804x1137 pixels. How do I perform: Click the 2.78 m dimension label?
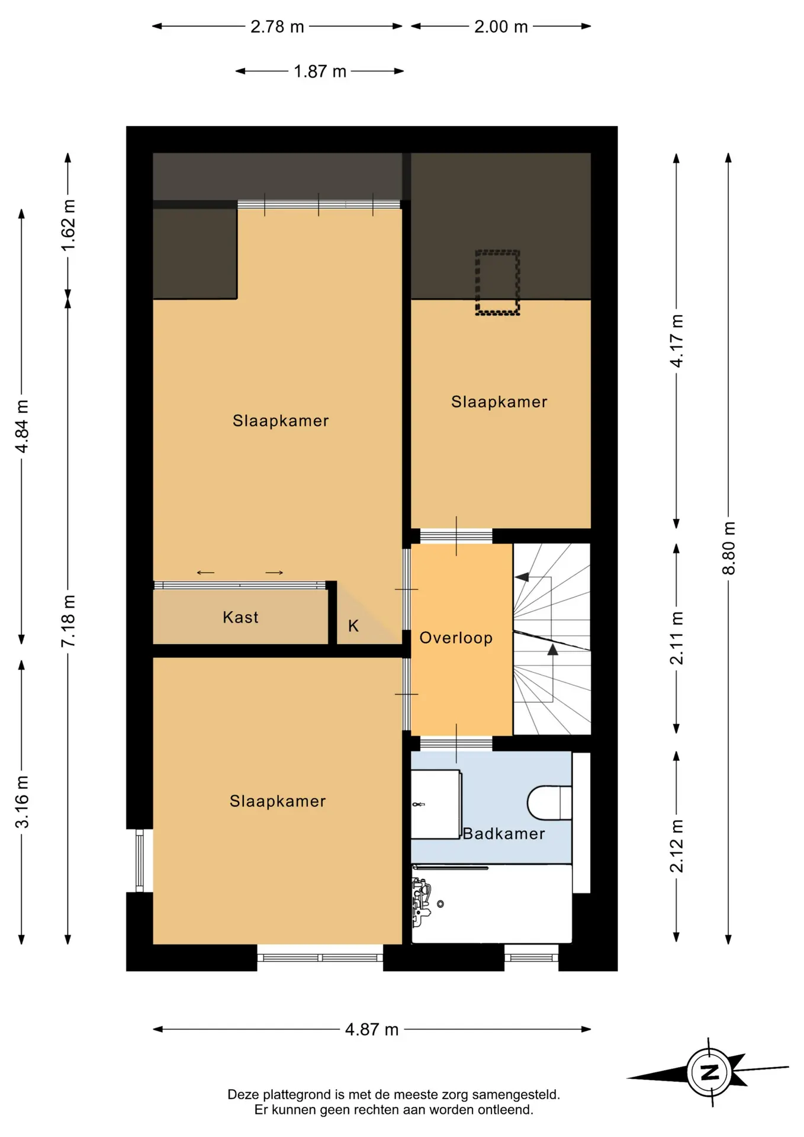277,27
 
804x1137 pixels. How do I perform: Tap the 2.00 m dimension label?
501,27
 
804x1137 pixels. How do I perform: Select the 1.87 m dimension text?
320,72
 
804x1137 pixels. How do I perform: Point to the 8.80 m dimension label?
729,548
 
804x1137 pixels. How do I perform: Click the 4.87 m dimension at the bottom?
372,1029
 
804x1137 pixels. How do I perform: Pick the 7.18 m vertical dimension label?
68,621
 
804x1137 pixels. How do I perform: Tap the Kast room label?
240,617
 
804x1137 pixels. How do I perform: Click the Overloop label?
456,638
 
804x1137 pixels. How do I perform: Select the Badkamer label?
504,834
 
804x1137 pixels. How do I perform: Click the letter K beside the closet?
353,626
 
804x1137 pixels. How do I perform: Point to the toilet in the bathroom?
549,803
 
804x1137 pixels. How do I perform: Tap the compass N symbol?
710,1072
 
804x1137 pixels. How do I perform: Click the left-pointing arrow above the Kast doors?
205,573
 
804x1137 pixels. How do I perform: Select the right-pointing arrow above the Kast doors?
274,573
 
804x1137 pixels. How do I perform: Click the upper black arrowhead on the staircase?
522,577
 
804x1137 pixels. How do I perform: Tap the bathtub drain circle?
440,904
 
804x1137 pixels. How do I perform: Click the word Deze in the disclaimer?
243,1094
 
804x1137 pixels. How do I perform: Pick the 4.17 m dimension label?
677,341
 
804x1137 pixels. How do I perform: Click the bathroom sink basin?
436,804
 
